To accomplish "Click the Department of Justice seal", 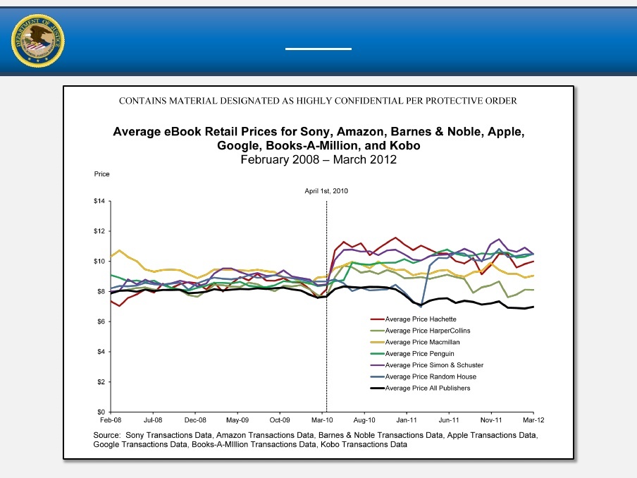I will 38,40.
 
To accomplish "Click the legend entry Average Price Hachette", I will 422,319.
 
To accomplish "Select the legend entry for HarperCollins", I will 427,331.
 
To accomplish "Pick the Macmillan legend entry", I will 423,342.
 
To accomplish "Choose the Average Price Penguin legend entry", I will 421,353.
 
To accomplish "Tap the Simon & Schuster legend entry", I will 434,364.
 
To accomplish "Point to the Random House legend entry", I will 428,376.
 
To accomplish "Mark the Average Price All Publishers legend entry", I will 427,388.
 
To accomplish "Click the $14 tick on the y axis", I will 99,202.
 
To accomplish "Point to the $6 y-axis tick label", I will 100,321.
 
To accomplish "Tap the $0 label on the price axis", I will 100,412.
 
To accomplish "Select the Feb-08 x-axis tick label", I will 111,420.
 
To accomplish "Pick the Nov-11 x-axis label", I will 491,420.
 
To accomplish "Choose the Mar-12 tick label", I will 533,420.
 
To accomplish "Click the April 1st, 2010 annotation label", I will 326,191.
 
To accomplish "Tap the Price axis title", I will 102,173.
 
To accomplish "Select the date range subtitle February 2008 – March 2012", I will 318,159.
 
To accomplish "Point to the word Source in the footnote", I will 106,435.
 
